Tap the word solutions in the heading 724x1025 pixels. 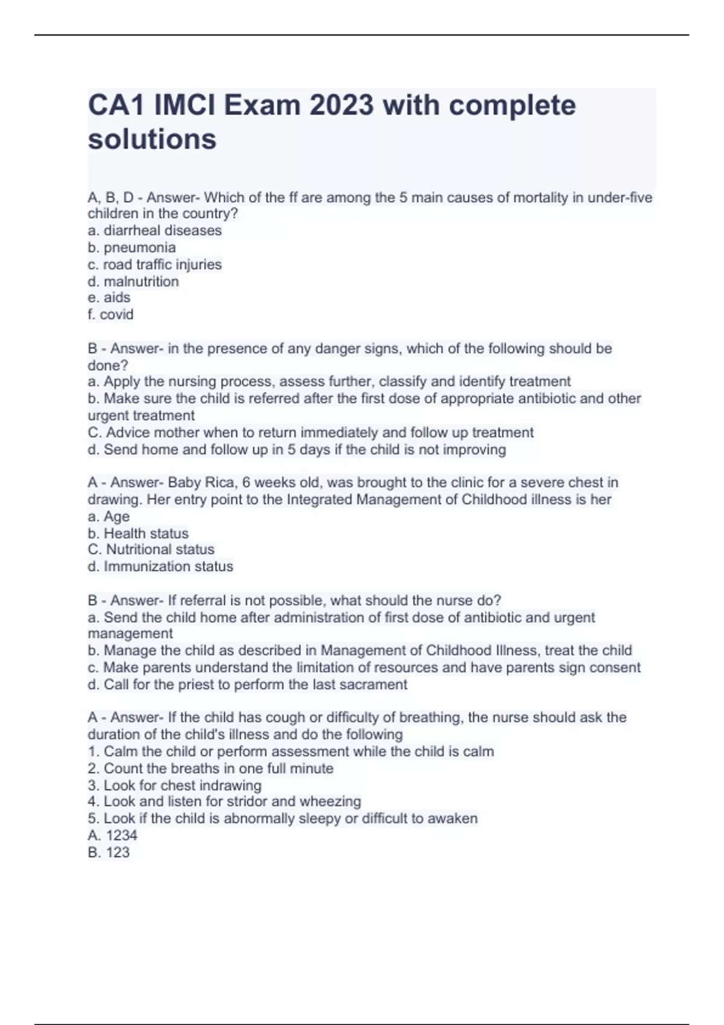[152, 139]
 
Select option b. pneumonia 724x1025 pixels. [132, 247]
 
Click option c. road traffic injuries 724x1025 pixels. [154, 264]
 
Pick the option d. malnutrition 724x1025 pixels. [133, 281]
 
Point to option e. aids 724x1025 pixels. [109, 297]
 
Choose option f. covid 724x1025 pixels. [110, 314]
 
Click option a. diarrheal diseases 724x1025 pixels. [154, 230]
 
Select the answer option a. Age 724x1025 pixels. [109, 516]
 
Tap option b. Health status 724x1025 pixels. [138, 533]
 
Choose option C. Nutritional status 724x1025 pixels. [151, 549]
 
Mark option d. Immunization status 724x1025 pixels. [160, 566]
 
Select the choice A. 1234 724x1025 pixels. [112, 835]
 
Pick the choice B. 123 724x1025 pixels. [109, 852]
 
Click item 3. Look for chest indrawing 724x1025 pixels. [174, 785]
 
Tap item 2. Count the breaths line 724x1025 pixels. [210, 768]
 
